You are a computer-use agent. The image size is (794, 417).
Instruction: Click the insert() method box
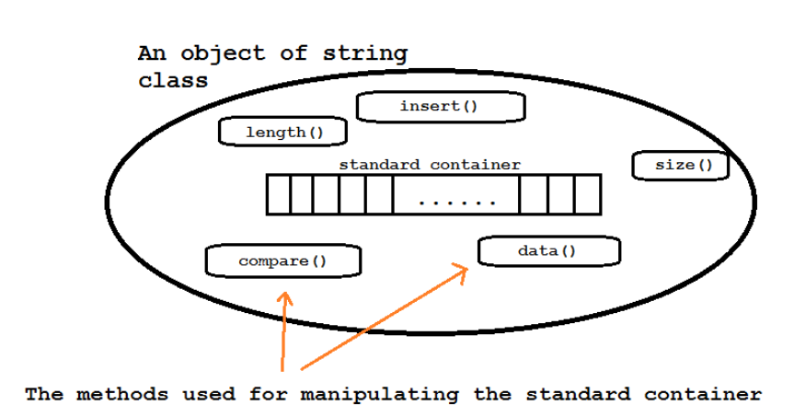click(440, 107)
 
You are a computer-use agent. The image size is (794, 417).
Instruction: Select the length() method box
click(282, 133)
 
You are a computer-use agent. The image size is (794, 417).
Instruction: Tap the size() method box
click(681, 166)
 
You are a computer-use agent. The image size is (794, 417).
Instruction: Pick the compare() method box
click(282, 261)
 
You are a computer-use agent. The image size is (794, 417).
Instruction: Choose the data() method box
click(548, 250)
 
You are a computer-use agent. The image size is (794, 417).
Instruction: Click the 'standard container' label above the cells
click(430, 165)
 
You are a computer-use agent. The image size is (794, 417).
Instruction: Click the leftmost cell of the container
click(278, 194)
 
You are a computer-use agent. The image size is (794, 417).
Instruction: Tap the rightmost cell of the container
click(589, 194)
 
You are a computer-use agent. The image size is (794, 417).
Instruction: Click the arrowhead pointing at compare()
click(285, 298)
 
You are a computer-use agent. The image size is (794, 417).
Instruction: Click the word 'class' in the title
click(173, 81)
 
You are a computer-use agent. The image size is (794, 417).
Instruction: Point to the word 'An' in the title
click(151, 52)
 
